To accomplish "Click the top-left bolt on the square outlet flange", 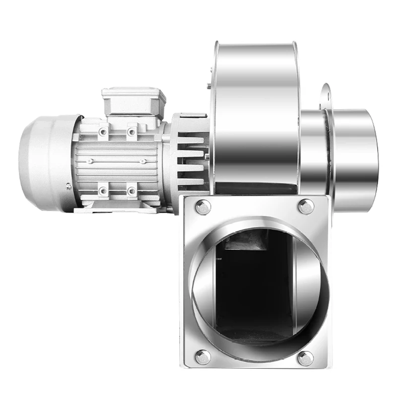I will click(203, 207).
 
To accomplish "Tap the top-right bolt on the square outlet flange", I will click(306, 206).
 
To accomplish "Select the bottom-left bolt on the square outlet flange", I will click(202, 356).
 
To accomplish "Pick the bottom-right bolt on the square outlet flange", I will click(305, 358).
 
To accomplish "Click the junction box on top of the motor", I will click(133, 102).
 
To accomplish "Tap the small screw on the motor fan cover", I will click(68, 187).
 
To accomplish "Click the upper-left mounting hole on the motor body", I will click(103, 132).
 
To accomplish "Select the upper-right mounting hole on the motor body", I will click(132, 132).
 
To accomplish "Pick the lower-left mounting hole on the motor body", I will click(103, 191).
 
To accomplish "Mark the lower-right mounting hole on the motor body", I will click(132, 191).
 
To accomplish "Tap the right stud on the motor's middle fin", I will click(142, 161).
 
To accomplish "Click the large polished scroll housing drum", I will click(255, 114).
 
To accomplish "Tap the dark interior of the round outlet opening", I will click(253, 288).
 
